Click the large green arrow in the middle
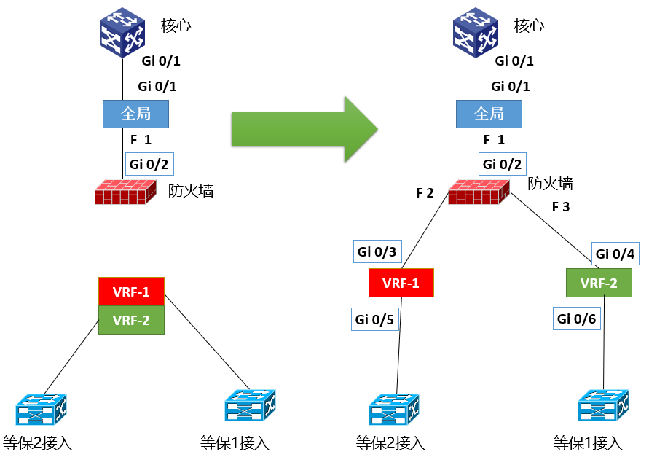(x=302, y=130)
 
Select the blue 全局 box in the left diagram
(x=135, y=114)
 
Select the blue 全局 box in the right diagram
(x=489, y=114)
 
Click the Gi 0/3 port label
(x=377, y=252)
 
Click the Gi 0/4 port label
(x=615, y=254)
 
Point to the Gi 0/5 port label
(x=375, y=319)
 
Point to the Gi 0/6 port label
(x=576, y=319)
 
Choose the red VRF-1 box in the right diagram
(x=401, y=283)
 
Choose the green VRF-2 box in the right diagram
(x=598, y=283)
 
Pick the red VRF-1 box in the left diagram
(x=132, y=292)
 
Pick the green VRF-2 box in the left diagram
(x=132, y=320)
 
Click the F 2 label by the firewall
(x=425, y=193)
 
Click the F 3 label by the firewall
(x=560, y=207)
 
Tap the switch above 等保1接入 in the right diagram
(x=602, y=406)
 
